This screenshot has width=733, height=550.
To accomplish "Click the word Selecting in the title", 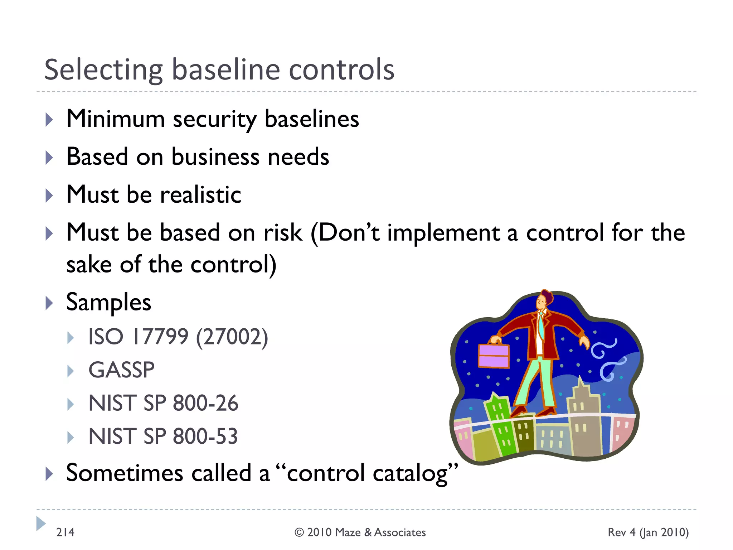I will pos(104,70).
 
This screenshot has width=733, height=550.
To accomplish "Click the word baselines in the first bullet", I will pos(311,119).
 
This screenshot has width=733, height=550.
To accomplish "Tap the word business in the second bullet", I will pos(215,157).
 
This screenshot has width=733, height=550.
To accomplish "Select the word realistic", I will pos(200,195).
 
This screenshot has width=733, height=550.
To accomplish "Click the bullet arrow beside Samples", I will pos(49,303).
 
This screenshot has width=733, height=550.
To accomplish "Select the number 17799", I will pos(160,337).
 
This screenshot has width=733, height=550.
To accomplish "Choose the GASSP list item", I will pos(121,370).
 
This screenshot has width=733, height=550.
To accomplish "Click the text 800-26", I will pos(205,403).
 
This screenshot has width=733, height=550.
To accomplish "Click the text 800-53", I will pos(205,436).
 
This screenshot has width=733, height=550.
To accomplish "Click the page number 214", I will pos(65,532).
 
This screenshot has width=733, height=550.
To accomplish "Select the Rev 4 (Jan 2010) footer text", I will pos(648,532).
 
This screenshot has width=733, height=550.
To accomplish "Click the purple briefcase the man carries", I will pos(494,356).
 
